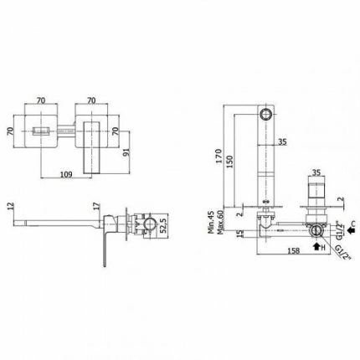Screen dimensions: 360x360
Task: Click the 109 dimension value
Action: click(x=66, y=174)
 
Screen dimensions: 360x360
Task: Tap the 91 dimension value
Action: click(x=126, y=152)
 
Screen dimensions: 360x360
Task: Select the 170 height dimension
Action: click(x=219, y=156)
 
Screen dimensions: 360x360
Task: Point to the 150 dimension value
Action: click(x=229, y=162)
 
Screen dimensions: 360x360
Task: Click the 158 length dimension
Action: click(x=293, y=250)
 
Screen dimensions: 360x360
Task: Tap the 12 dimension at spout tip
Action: click(x=11, y=206)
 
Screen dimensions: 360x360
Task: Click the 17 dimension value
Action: click(x=96, y=206)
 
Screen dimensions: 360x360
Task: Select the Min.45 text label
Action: click(x=211, y=222)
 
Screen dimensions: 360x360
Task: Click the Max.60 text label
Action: click(x=221, y=223)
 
